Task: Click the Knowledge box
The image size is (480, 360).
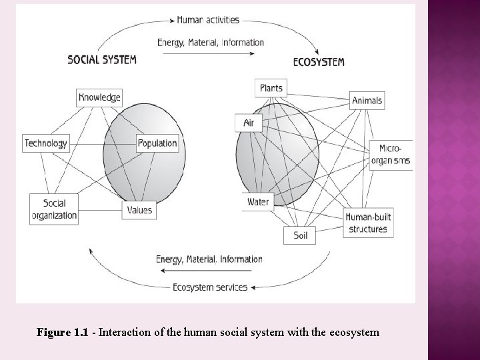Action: (x=99, y=97)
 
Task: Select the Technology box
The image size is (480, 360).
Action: (x=46, y=143)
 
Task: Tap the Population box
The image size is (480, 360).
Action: (x=158, y=143)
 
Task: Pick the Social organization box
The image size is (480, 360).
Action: (x=55, y=209)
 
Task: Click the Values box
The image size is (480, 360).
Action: (x=139, y=209)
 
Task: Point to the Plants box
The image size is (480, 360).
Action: (x=271, y=88)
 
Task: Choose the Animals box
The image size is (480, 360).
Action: (x=367, y=101)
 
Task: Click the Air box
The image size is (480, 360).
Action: (x=249, y=123)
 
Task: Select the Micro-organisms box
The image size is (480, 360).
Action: (x=391, y=154)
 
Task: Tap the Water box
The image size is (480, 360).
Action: (x=258, y=201)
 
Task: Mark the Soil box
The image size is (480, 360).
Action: (x=300, y=235)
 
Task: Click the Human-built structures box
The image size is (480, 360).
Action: (x=367, y=223)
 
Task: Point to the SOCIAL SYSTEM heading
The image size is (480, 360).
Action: (x=102, y=59)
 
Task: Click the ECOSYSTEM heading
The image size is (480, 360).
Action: (x=319, y=62)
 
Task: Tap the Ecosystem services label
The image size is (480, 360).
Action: (x=210, y=287)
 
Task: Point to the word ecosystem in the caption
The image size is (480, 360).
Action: (x=353, y=331)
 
